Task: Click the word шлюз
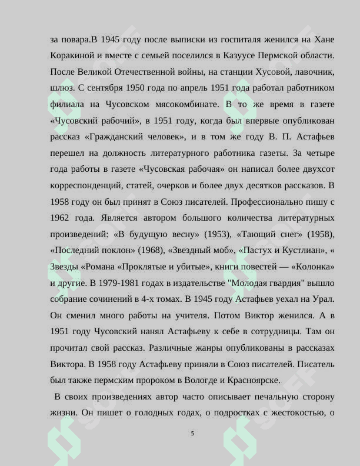pyautogui.click(x=62, y=88)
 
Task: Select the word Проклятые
pyautogui.click(x=143, y=266)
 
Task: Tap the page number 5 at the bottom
pyautogui.click(x=192, y=433)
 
